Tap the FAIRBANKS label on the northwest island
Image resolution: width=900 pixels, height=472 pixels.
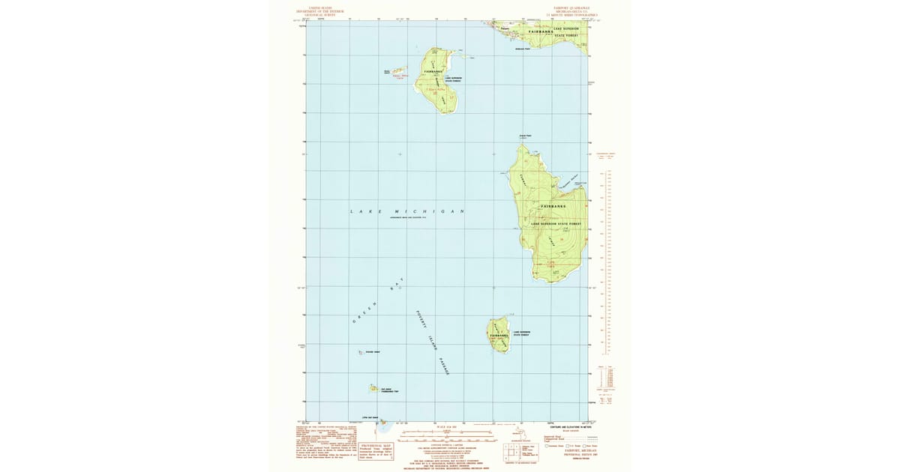(433, 71)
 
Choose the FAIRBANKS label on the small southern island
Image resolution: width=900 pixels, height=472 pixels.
(499, 334)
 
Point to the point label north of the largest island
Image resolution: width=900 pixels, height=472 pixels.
(525, 136)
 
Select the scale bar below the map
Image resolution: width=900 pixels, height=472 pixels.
(450, 432)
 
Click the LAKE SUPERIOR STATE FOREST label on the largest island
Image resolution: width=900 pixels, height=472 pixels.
(556, 223)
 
